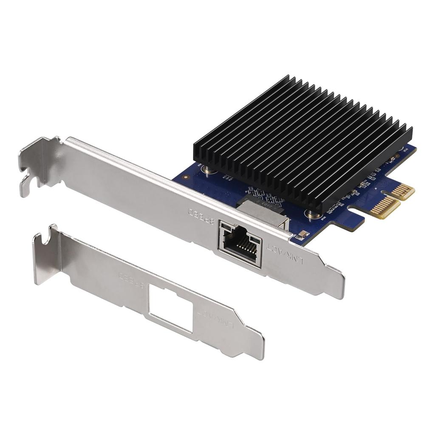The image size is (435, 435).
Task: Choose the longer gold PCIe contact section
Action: click(385, 206)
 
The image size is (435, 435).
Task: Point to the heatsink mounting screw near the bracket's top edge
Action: click(209, 170)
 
